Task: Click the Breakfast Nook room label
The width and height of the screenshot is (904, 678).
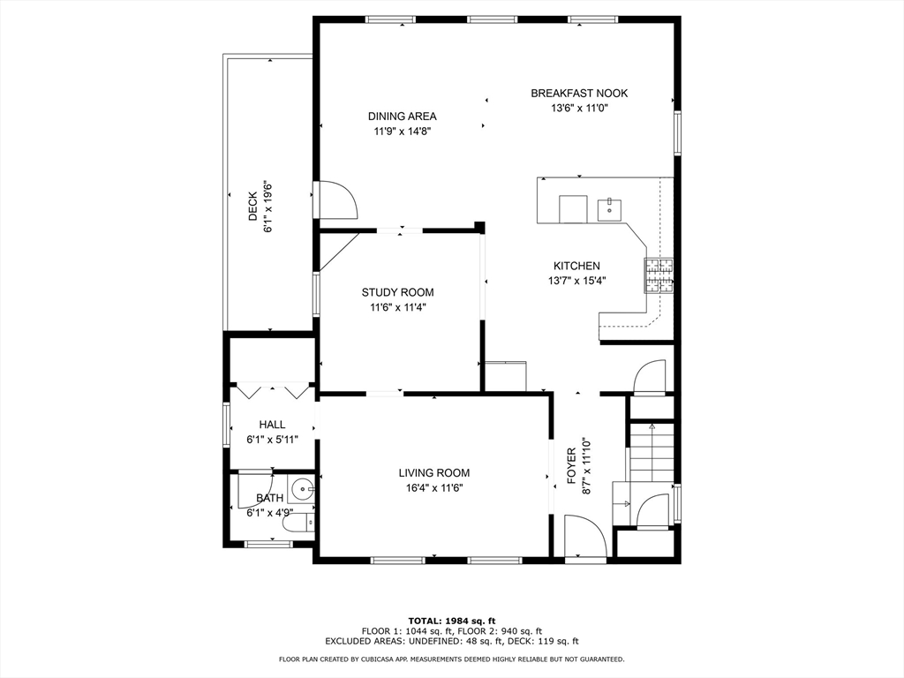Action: tap(579, 93)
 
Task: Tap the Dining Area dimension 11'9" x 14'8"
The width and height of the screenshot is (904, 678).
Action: tap(402, 131)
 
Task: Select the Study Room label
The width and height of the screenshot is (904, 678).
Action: tap(397, 292)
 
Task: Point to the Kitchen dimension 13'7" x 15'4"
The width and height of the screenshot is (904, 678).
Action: tap(576, 281)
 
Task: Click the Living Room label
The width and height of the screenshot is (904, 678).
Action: tap(433, 472)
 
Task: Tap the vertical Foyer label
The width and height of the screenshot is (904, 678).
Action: tap(571, 466)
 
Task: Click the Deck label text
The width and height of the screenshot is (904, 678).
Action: tap(252, 207)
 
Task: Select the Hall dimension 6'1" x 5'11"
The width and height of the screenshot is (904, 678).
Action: tap(272, 439)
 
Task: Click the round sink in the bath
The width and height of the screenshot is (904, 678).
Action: tap(303, 487)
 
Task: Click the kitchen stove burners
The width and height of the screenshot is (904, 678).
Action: tap(658, 275)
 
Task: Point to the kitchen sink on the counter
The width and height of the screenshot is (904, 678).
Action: tap(609, 209)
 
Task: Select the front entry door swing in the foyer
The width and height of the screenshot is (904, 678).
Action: tap(585, 539)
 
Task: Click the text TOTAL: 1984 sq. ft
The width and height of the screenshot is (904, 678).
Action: tap(451, 620)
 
